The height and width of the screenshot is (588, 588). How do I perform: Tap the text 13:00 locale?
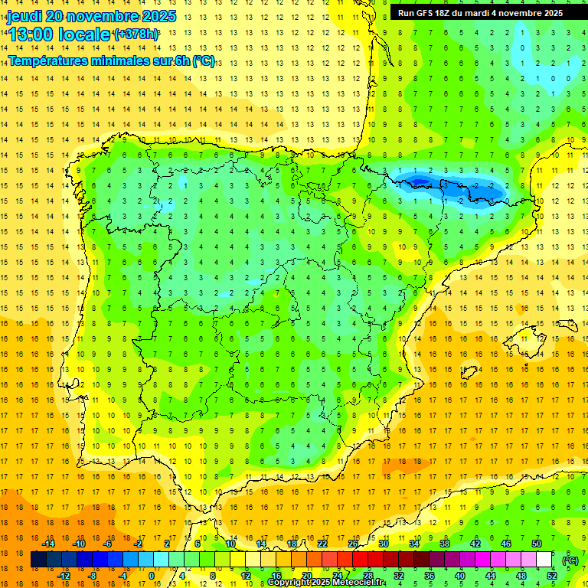coord(59,34)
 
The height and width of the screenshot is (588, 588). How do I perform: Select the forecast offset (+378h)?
coord(136,34)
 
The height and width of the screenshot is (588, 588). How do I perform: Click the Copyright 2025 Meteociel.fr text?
coord(326,583)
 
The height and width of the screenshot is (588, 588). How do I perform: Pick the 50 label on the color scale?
coord(536,544)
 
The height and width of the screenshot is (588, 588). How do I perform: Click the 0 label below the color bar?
coord(152,576)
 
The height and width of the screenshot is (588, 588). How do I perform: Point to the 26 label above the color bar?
coord(353,544)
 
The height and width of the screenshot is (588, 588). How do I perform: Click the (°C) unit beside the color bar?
coord(570,560)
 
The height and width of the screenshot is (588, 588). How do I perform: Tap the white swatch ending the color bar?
coord(544,560)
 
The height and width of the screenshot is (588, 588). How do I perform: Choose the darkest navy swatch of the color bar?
coord(38,560)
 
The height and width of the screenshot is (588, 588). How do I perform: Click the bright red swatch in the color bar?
coord(360,560)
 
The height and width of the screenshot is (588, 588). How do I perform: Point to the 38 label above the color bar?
coord(444,544)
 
